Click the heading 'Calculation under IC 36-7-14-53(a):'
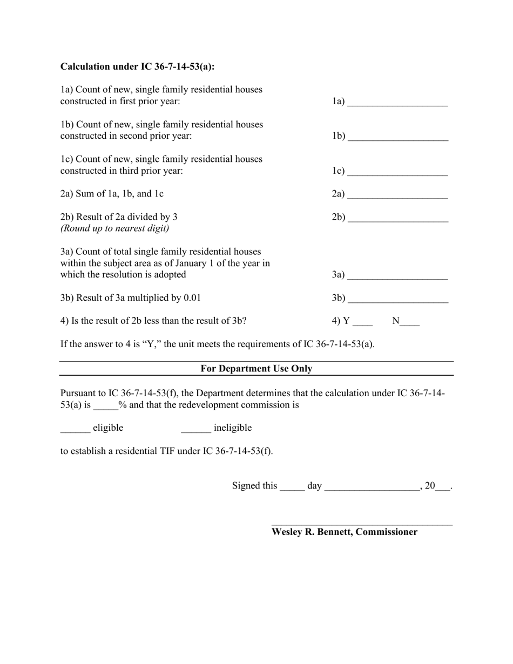pos(137,66)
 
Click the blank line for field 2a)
pos(397,196)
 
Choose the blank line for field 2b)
pos(397,219)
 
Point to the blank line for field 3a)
pos(397,277)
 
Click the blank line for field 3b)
pos(397,300)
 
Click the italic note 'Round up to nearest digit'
pos(114,228)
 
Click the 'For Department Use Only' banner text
pos(256,369)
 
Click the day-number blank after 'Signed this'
pos(292,488)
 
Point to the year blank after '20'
pos(442,488)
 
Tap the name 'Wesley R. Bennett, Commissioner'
pos(344,532)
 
